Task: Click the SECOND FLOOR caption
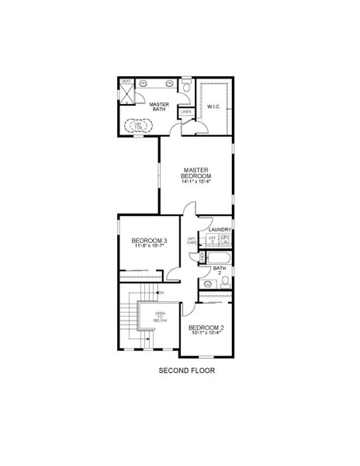185,371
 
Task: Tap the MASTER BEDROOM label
198,172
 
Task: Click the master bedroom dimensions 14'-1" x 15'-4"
198,183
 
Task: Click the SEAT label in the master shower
126,81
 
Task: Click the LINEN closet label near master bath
185,112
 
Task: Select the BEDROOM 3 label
148,241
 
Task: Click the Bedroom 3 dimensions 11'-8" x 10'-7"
148,248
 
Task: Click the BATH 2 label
220,270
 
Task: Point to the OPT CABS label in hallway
192,241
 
